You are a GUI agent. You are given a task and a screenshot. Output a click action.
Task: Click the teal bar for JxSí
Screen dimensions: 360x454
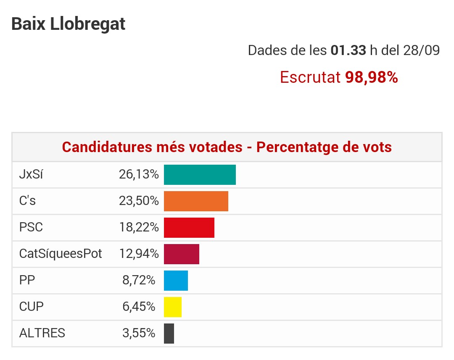coord(200,175)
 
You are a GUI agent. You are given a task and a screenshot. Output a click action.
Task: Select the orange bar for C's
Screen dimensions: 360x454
coord(196,201)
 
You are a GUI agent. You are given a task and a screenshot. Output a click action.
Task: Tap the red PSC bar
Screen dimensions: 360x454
coord(189,228)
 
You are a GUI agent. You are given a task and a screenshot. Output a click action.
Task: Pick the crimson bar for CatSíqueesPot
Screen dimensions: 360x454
coord(181,254)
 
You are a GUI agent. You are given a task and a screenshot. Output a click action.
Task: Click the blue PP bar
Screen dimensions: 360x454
coord(176,281)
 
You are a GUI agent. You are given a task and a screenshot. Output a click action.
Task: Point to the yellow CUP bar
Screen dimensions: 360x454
coord(172,307)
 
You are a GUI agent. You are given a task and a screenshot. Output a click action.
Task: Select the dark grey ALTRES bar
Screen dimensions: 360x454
coord(169,334)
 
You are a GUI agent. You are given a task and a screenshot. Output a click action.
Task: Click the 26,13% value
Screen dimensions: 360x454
coord(138,175)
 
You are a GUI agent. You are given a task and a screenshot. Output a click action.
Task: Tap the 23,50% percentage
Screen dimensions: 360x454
coord(138,201)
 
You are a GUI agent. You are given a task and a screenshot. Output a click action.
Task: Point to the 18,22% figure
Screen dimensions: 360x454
coord(138,228)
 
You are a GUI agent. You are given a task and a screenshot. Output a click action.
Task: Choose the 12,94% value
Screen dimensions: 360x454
coord(138,254)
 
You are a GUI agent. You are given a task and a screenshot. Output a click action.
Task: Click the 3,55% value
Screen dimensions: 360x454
coord(139,334)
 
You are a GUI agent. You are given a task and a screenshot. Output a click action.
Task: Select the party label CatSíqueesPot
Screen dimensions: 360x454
coord(61,254)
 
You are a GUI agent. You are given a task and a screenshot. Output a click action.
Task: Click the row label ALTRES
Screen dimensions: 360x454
coord(42,334)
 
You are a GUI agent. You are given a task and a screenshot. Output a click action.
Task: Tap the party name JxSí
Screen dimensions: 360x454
coord(31,175)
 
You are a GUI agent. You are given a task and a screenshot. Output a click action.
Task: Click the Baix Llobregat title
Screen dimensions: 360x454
coord(68,24)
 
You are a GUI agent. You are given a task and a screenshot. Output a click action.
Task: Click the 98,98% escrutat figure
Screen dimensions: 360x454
coord(371,77)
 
